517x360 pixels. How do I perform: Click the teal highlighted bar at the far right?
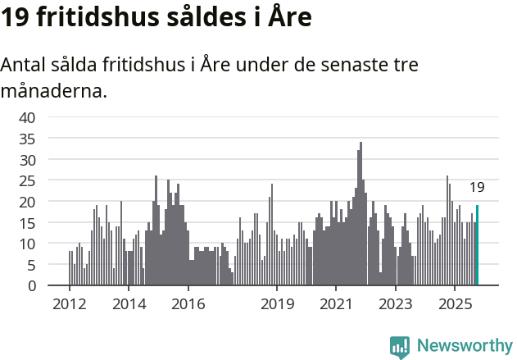[477, 245]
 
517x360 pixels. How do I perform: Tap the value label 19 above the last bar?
[477, 188]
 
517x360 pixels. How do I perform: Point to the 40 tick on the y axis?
[27, 117]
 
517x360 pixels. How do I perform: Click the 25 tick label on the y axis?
[27, 180]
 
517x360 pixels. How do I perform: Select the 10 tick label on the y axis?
[27, 244]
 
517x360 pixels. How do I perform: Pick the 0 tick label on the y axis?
[31, 286]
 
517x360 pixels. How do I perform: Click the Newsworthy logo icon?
[400, 346]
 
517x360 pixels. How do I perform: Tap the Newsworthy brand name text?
[464, 346]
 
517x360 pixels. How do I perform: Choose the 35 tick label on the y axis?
[27, 139]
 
